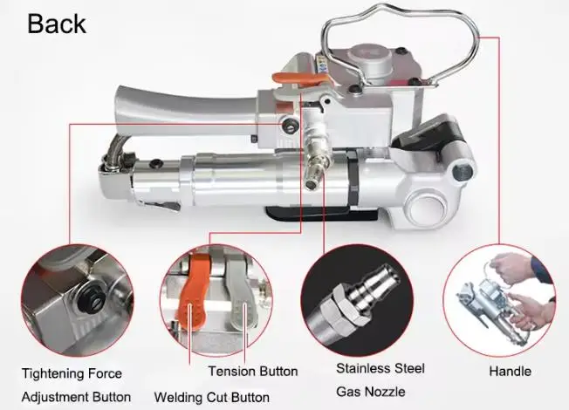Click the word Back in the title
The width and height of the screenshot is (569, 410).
57,23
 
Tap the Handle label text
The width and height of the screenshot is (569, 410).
510,371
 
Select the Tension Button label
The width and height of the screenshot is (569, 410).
253,371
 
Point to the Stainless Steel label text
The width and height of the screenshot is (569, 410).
380,368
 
